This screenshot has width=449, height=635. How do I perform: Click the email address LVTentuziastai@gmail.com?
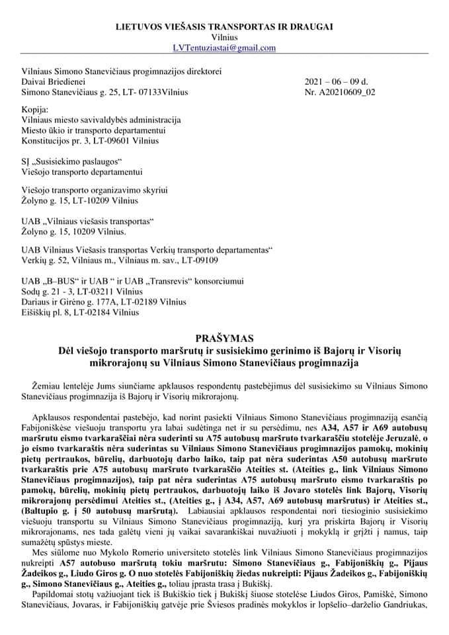pyautogui.click(x=224, y=48)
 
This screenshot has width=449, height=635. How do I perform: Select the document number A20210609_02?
pyautogui.click(x=349, y=93)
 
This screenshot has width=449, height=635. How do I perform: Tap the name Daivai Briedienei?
pyautogui.click(x=53, y=82)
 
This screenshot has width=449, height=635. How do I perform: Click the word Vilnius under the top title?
pyautogui.click(x=224, y=38)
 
